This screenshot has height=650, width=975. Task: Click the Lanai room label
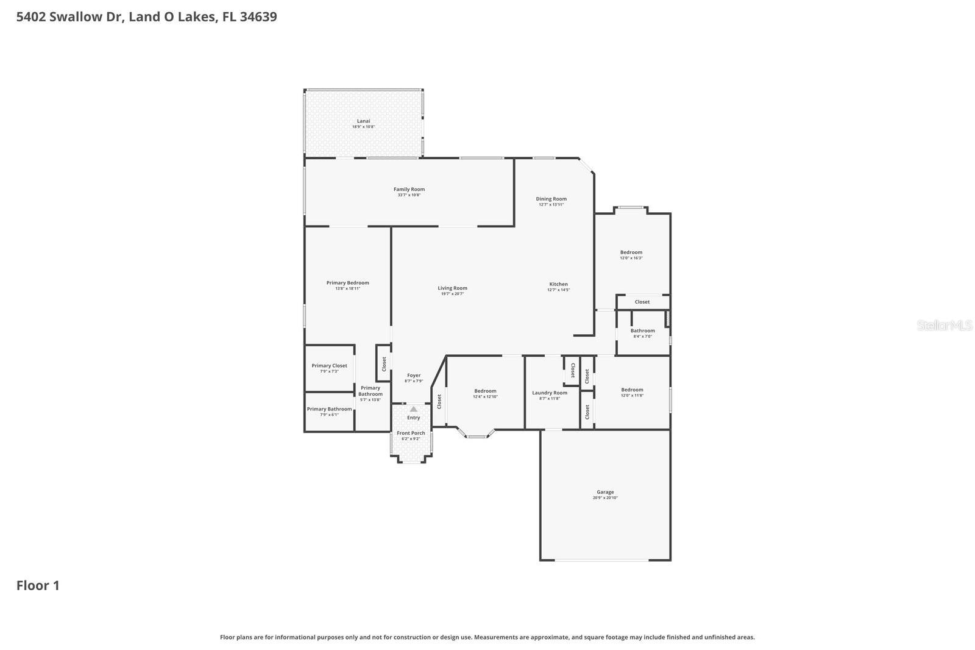[363, 121]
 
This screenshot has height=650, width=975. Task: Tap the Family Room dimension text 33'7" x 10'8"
[409, 195]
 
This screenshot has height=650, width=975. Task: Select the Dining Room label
[551, 199]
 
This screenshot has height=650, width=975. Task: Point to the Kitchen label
[558, 284]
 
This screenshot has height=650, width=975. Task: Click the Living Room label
[452, 288]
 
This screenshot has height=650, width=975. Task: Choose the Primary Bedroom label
[347, 283]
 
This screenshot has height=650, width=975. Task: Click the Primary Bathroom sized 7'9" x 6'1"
[329, 410]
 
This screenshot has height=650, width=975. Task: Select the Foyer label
[413, 376]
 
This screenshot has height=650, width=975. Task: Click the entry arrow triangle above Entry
[413, 409]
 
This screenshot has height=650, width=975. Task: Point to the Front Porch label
[411, 434]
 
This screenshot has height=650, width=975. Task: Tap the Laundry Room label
[549, 393]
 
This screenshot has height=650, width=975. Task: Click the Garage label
[605, 492]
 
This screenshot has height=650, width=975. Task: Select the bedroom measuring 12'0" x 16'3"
[631, 253]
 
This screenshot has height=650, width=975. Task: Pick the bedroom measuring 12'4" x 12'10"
[485, 391]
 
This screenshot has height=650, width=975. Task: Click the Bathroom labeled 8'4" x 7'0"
[642, 331]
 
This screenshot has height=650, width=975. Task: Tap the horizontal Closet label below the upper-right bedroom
[642, 302]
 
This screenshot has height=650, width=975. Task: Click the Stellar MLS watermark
[945, 326]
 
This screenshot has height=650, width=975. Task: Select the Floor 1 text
[38, 586]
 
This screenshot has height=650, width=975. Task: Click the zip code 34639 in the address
[258, 16]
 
